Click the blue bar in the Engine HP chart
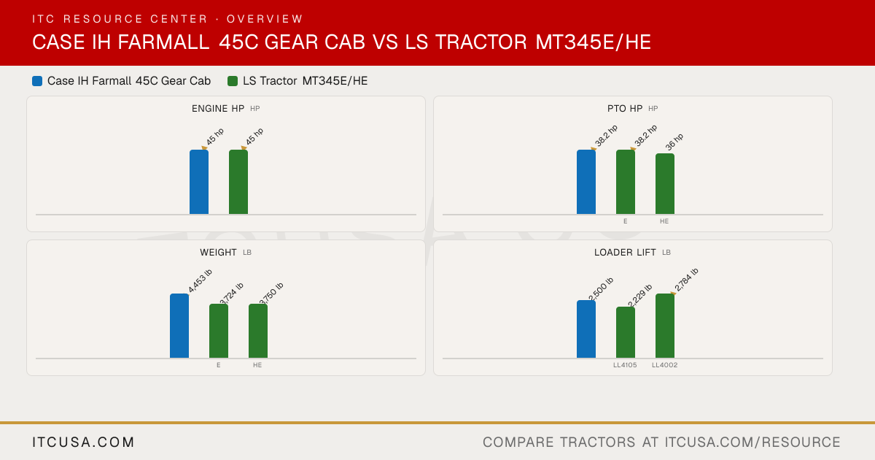(199, 182)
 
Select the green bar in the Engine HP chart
(238, 182)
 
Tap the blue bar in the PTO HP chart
(586, 182)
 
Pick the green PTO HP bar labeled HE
(665, 184)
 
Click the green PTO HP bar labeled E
(626, 182)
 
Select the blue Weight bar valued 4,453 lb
(179, 326)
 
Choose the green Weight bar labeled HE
(258, 331)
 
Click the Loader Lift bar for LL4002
(665, 326)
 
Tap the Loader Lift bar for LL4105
(626, 332)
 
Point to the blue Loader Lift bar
(586, 329)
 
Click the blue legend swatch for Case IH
(37, 81)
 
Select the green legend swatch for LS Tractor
(233, 81)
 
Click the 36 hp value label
(674, 142)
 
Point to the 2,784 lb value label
(686, 280)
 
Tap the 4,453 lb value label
(200, 280)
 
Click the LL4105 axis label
(625, 365)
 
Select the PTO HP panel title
(625, 108)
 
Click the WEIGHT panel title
(218, 253)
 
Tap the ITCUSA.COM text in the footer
(83, 442)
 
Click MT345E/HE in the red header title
(593, 42)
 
